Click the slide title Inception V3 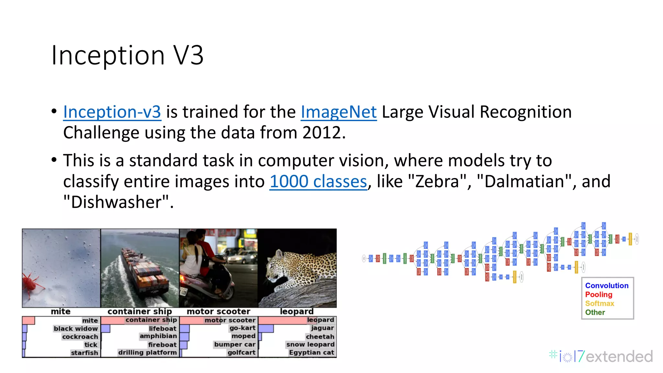127,55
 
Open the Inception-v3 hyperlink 112,112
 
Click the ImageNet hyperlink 339,112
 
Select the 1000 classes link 318,181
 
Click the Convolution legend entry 607,286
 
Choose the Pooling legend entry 599,295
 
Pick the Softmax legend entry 600,303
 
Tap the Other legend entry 595,312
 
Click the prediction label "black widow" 76,329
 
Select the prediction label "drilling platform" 147,353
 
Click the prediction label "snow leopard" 310,345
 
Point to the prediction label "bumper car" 235,345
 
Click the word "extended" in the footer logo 619,356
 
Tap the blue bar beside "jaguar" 266,329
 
